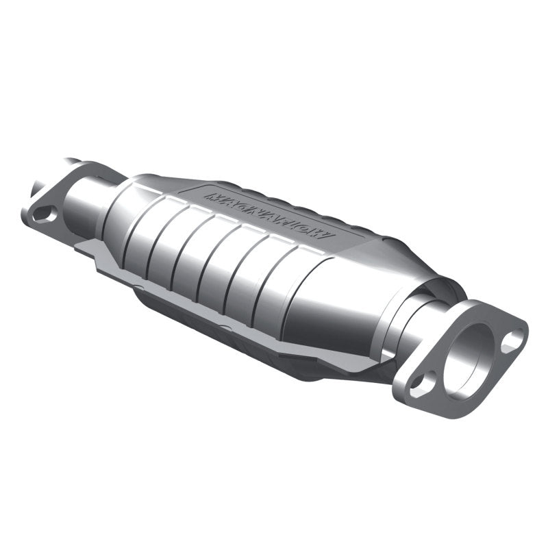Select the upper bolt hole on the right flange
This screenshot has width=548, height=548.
pos(510,340)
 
